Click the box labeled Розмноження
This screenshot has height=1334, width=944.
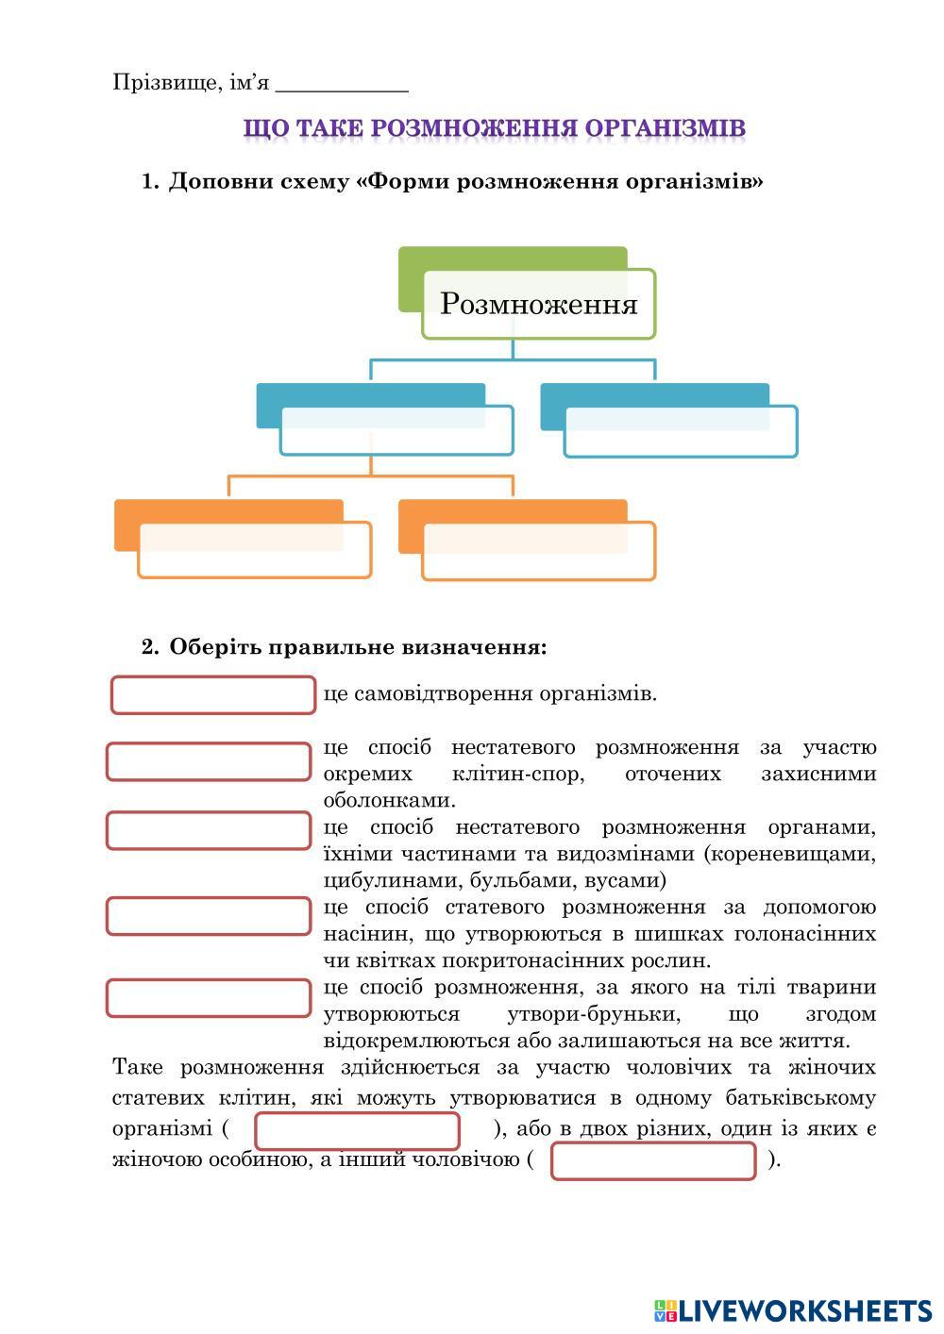coord(538,304)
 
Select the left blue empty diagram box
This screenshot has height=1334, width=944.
coord(396,431)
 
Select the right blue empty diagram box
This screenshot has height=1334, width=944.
coord(680,432)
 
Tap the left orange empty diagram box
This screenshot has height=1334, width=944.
coord(254,549)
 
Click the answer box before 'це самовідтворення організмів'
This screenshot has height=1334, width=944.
coord(213,695)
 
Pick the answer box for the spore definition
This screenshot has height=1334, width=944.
coord(209,761)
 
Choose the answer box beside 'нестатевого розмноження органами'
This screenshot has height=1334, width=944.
coord(209,830)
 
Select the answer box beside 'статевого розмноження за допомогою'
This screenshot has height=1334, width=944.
coord(209,915)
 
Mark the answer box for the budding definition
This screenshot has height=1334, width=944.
coord(209,998)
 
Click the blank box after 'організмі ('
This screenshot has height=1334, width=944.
coord(358,1131)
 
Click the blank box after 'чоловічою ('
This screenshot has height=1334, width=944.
coord(653,1161)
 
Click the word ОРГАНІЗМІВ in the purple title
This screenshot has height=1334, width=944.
coord(665,128)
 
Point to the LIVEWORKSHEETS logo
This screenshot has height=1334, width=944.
coord(793,1310)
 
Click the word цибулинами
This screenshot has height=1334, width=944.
coord(387,881)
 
